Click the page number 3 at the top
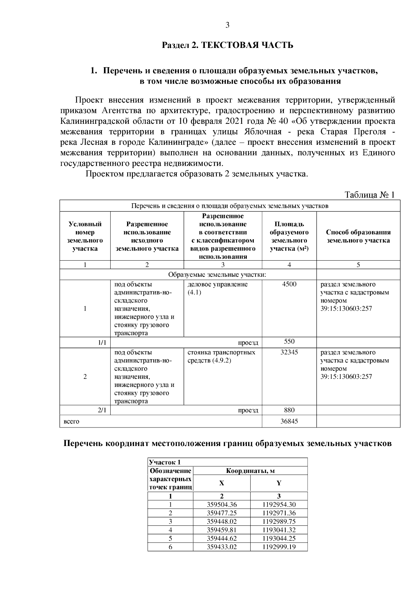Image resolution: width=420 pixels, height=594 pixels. [227, 25]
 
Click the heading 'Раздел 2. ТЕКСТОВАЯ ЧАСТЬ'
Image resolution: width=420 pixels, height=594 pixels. [227, 45]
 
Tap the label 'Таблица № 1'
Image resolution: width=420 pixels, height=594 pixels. [370, 195]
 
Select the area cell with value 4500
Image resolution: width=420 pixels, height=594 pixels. [289, 284]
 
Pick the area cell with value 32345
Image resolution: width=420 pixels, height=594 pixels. [289, 353]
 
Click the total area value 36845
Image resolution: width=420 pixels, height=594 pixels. [289, 422]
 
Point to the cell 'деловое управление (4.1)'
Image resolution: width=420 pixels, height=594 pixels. [218, 288]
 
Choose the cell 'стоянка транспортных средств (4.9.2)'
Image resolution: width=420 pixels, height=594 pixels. [222, 356]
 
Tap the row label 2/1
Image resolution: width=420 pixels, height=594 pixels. [102, 410]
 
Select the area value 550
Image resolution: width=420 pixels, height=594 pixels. [289, 342]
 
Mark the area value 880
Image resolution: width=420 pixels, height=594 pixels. [289, 410]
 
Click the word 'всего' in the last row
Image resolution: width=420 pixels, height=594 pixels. [71, 422]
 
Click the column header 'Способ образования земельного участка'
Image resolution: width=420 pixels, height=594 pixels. [358, 236]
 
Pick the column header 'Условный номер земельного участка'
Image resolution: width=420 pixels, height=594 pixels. [85, 236]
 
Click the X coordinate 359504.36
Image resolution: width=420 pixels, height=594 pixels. [222, 505]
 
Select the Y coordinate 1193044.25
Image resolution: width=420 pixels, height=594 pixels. [279, 538]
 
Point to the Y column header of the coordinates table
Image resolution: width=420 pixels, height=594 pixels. [279, 483]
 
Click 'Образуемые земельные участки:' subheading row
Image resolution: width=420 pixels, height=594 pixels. [217, 275]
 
